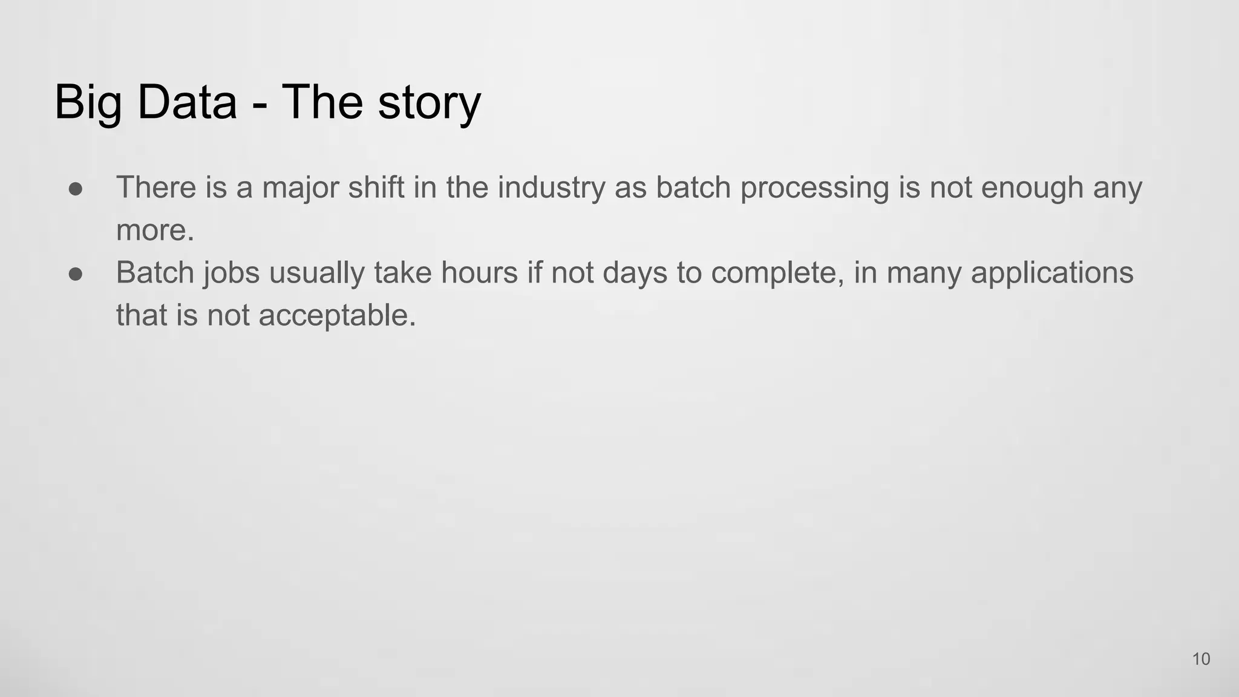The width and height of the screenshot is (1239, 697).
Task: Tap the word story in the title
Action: click(429, 103)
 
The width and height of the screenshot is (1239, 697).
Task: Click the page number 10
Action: click(1201, 659)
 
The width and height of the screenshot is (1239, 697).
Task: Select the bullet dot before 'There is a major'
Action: click(76, 188)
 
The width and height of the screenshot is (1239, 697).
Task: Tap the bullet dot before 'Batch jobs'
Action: click(76, 273)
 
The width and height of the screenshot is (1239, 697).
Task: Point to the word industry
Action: click(551, 188)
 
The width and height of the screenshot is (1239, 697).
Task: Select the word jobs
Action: click(231, 273)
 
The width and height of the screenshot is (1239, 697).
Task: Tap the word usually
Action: click(316, 273)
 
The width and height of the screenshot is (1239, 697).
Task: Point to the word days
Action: click(635, 273)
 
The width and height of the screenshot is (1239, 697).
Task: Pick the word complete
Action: click(777, 273)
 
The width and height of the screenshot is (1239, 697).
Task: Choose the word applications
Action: click(1052, 273)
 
